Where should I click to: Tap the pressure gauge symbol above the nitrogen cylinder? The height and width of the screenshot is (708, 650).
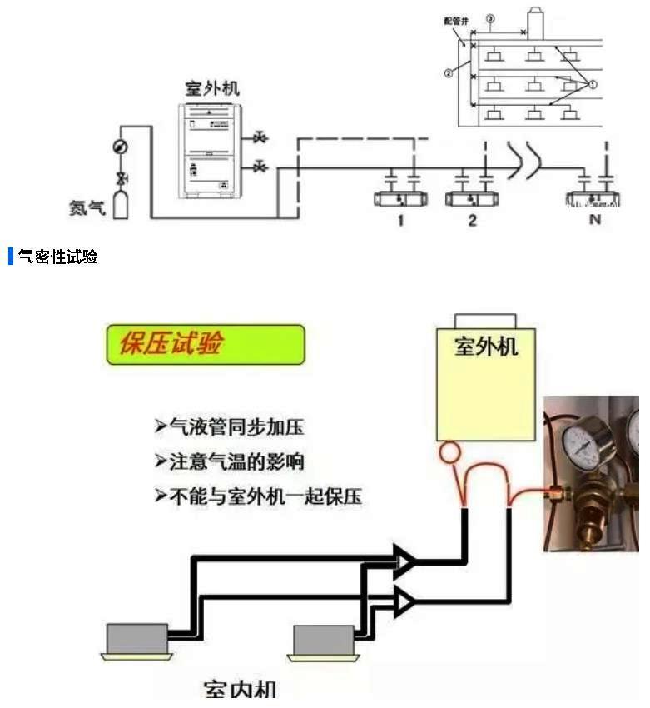(x=120, y=147)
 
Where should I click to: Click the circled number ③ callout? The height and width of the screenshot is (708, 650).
(x=490, y=18)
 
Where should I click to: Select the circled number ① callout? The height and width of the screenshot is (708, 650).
(x=593, y=83)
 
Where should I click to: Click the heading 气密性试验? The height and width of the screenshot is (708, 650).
(x=57, y=257)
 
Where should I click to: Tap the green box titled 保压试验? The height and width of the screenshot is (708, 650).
(x=206, y=344)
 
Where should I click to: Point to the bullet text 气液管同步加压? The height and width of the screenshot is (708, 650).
(x=229, y=427)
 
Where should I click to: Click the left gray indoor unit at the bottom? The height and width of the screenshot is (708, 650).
(x=136, y=640)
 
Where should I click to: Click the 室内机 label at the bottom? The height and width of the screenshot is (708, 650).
(x=240, y=690)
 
